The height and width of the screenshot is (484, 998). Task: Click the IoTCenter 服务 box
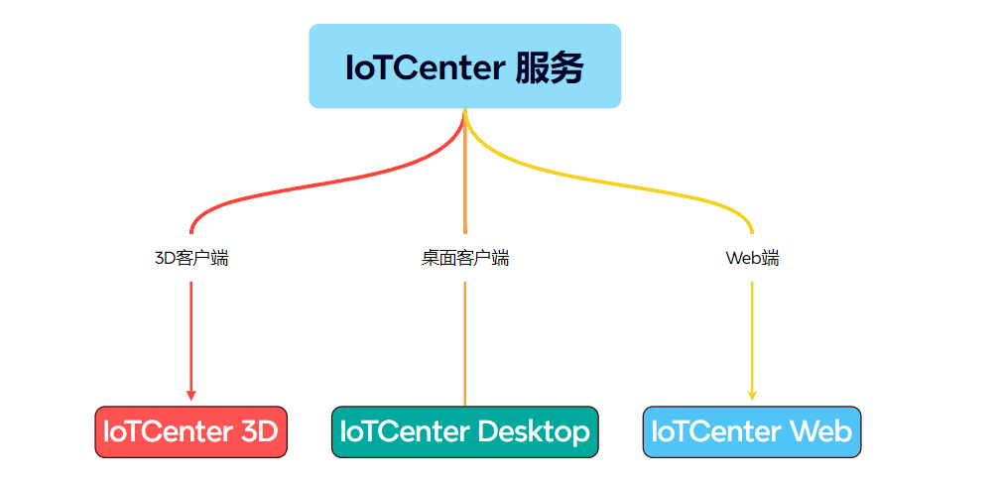[464, 66]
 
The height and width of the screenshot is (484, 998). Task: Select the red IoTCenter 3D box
[190, 431]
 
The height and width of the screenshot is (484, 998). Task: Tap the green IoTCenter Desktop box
[465, 431]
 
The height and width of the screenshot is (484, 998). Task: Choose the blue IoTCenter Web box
[752, 431]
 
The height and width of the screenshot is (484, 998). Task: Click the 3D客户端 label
[191, 258]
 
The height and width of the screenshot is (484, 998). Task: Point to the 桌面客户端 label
[465, 258]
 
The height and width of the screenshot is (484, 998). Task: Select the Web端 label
[752, 258]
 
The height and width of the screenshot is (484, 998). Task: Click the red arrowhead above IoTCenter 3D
[190, 396]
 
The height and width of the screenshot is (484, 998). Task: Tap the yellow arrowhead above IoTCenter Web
[752, 396]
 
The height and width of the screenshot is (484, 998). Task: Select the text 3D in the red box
[260, 431]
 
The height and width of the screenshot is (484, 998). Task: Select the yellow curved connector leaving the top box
[605, 182]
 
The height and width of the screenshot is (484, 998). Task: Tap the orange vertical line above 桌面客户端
[465, 171]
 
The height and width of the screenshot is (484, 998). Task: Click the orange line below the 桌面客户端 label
[465, 343]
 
